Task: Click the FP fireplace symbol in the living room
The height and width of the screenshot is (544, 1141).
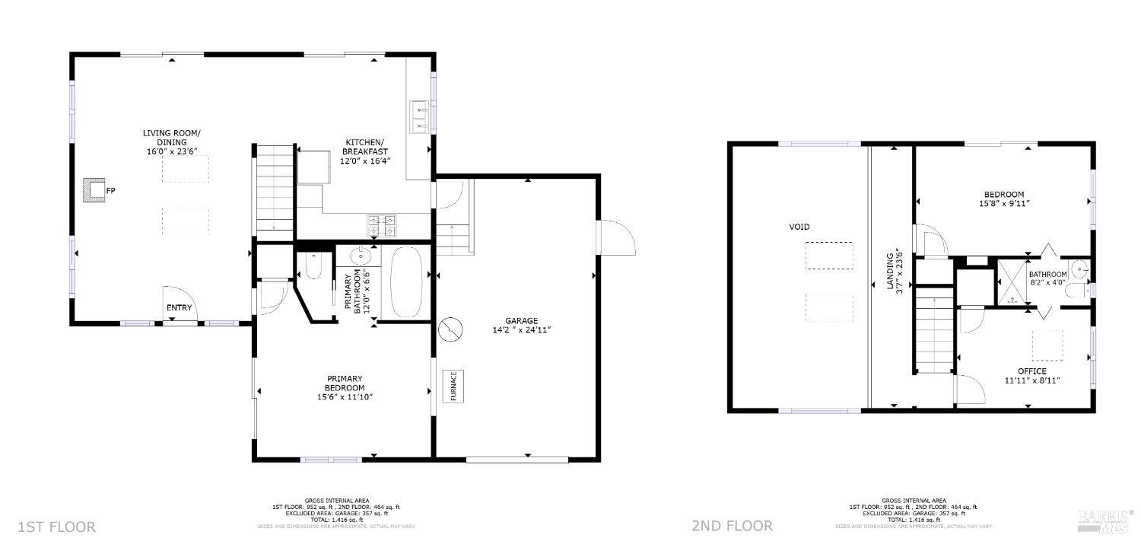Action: [x=95, y=190]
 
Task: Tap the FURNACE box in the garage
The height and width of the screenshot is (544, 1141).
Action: [x=453, y=386]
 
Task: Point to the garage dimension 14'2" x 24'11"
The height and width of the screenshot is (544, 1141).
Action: [x=521, y=329]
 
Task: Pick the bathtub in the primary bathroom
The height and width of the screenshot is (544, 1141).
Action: [x=406, y=282]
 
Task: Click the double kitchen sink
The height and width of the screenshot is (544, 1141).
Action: [x=419, y=116]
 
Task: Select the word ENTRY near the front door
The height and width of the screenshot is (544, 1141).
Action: [x=180, y=308]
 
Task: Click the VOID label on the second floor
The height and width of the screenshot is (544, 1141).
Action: [x=799, y=227]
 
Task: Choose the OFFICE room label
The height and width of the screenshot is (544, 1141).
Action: [x=1031, y=371]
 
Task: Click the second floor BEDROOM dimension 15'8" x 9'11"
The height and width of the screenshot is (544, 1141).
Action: [x=1004, y=203]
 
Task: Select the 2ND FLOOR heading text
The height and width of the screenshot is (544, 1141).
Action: [x=732, y=526]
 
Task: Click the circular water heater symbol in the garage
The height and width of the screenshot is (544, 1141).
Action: [x=450, y=329]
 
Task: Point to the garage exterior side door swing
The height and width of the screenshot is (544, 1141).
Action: [x=618, y=237]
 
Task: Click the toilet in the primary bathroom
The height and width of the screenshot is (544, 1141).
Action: [x=313, y=267]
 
